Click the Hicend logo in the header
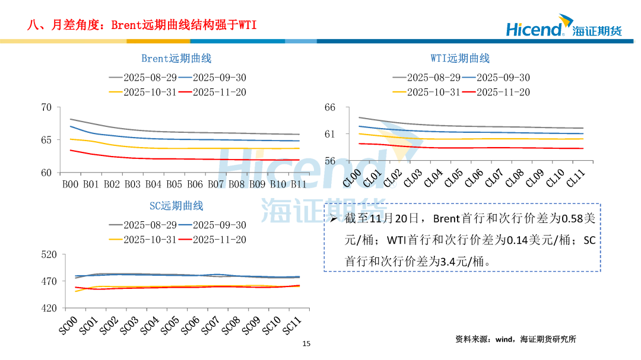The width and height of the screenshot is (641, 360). click(x=563, y=28)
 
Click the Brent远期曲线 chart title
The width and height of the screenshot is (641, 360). click(x=176, y=58)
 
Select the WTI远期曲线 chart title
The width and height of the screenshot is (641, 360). click(x=460, y=58)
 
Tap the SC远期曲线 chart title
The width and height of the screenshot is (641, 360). click(x=176, y=206)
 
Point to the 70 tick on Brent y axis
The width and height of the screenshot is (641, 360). click(x=47, y=107)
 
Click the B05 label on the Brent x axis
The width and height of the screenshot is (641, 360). click(x=174, y=184)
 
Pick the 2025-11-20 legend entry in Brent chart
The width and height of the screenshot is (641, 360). click(x=211, y=92)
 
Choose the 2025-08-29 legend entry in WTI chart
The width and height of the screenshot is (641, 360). click(x=426, y=78)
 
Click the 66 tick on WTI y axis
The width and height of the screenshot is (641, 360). click(x=330, y=107)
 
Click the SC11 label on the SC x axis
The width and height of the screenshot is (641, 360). click(x=290, y=325)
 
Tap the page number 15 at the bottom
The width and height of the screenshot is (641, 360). click(x=306, y=343)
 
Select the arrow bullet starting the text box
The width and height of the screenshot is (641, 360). click(x=334, y=219)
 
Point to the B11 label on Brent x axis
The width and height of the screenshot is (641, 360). click(x=299, y=184)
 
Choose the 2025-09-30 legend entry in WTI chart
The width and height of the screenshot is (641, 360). click(x=495, y=78)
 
